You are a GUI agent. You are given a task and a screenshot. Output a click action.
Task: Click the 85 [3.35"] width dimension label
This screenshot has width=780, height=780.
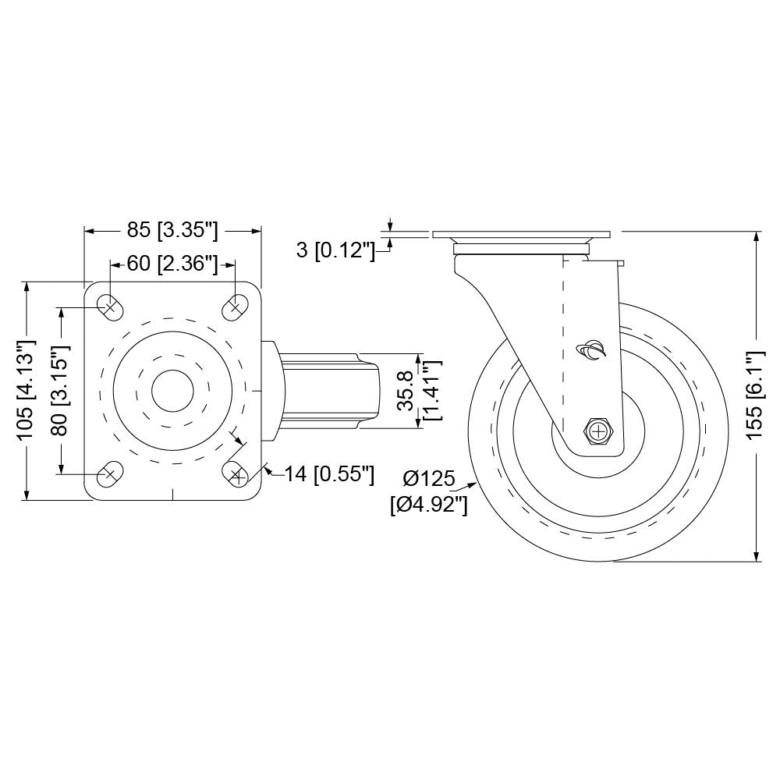[x=172, y=231]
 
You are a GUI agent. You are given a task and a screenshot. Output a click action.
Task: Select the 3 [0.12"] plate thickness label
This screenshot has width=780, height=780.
[x=335, y=250]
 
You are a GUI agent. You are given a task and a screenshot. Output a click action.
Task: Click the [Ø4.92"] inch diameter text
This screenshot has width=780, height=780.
[x=428, y=505]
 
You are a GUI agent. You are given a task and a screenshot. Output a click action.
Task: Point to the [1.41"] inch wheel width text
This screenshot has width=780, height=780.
[x=431, y=391]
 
